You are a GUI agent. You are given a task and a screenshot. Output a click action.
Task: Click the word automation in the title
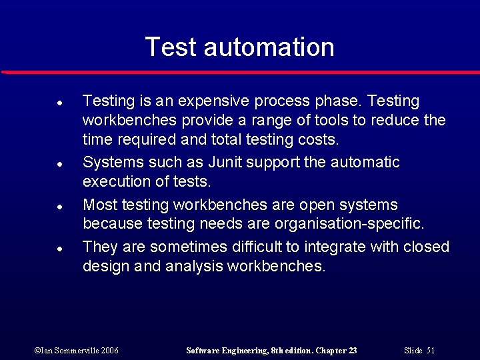click(269, 47)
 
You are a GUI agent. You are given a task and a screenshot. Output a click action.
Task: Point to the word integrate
click(332, 247)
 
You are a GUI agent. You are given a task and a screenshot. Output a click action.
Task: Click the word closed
click(426, 247)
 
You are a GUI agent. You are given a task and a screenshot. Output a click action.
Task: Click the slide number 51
click(430, 351)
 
